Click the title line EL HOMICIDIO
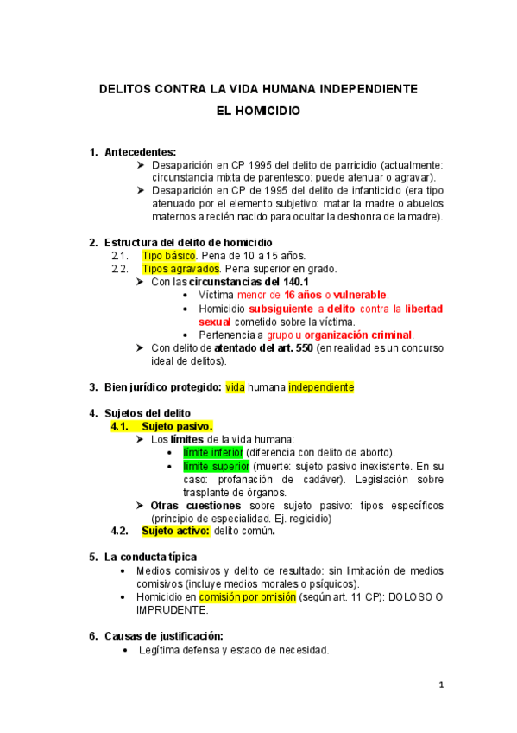click(258, 112)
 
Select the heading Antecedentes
click(140, 152)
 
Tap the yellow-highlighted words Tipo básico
click(169, 256)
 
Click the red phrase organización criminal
click(358, 335)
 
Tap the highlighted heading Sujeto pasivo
click(177, 426)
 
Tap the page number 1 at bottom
click(440, 686)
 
